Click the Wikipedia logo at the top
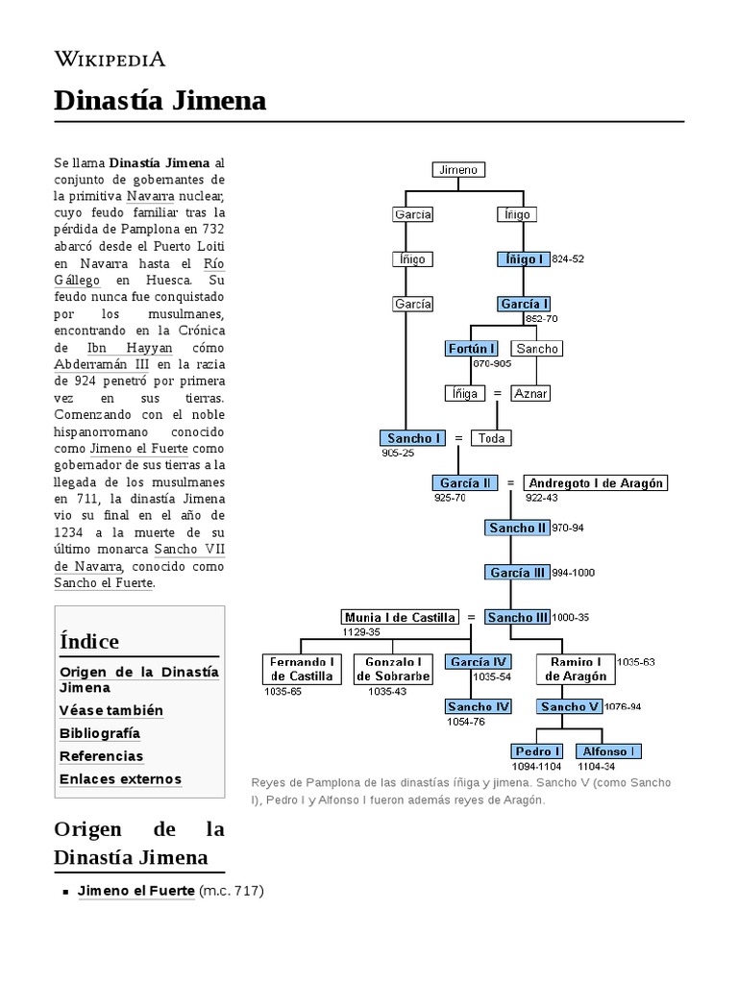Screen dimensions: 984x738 click(110, 59)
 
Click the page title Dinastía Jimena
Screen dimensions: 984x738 click(160, 101)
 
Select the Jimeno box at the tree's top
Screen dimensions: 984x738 click(457, 170)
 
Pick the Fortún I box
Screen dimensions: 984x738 click(472, 348)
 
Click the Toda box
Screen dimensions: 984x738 click(492, 438)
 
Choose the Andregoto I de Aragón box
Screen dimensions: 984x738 click(596, 482)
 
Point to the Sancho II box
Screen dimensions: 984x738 click(517, 528)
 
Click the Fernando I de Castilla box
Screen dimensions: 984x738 click(302, 669)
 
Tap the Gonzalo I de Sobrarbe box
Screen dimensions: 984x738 click(394, 669)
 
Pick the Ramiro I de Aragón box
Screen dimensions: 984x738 click(576, 669)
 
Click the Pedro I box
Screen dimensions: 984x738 click(537, 750)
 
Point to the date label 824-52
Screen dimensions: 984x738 click(569, 259)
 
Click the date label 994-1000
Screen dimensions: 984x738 click(573, 573)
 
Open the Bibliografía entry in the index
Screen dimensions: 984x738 click(100, 733)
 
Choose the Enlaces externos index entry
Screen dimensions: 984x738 click(120, 778)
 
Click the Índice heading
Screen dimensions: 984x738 click(89, 641)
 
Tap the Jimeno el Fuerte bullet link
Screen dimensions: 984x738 click(135, 891)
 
